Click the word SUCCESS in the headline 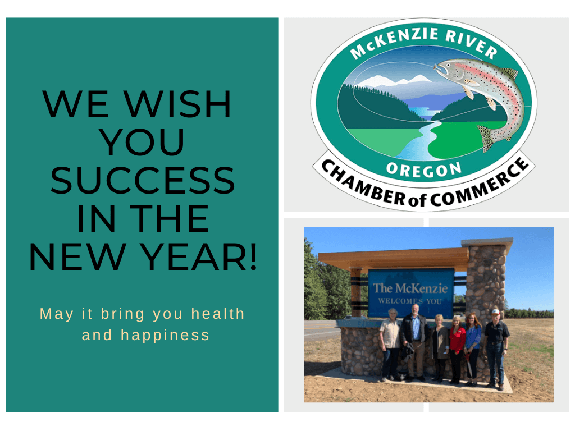(142, 180)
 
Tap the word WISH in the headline (177, 104)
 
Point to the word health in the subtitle (218, 314)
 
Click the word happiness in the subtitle (165, 336)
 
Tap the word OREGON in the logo (424, 169)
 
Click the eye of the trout (449, 65)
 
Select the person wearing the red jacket (457, 348)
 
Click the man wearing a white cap (496, 347)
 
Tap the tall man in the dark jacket (414, 343)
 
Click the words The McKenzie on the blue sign (410, 288)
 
